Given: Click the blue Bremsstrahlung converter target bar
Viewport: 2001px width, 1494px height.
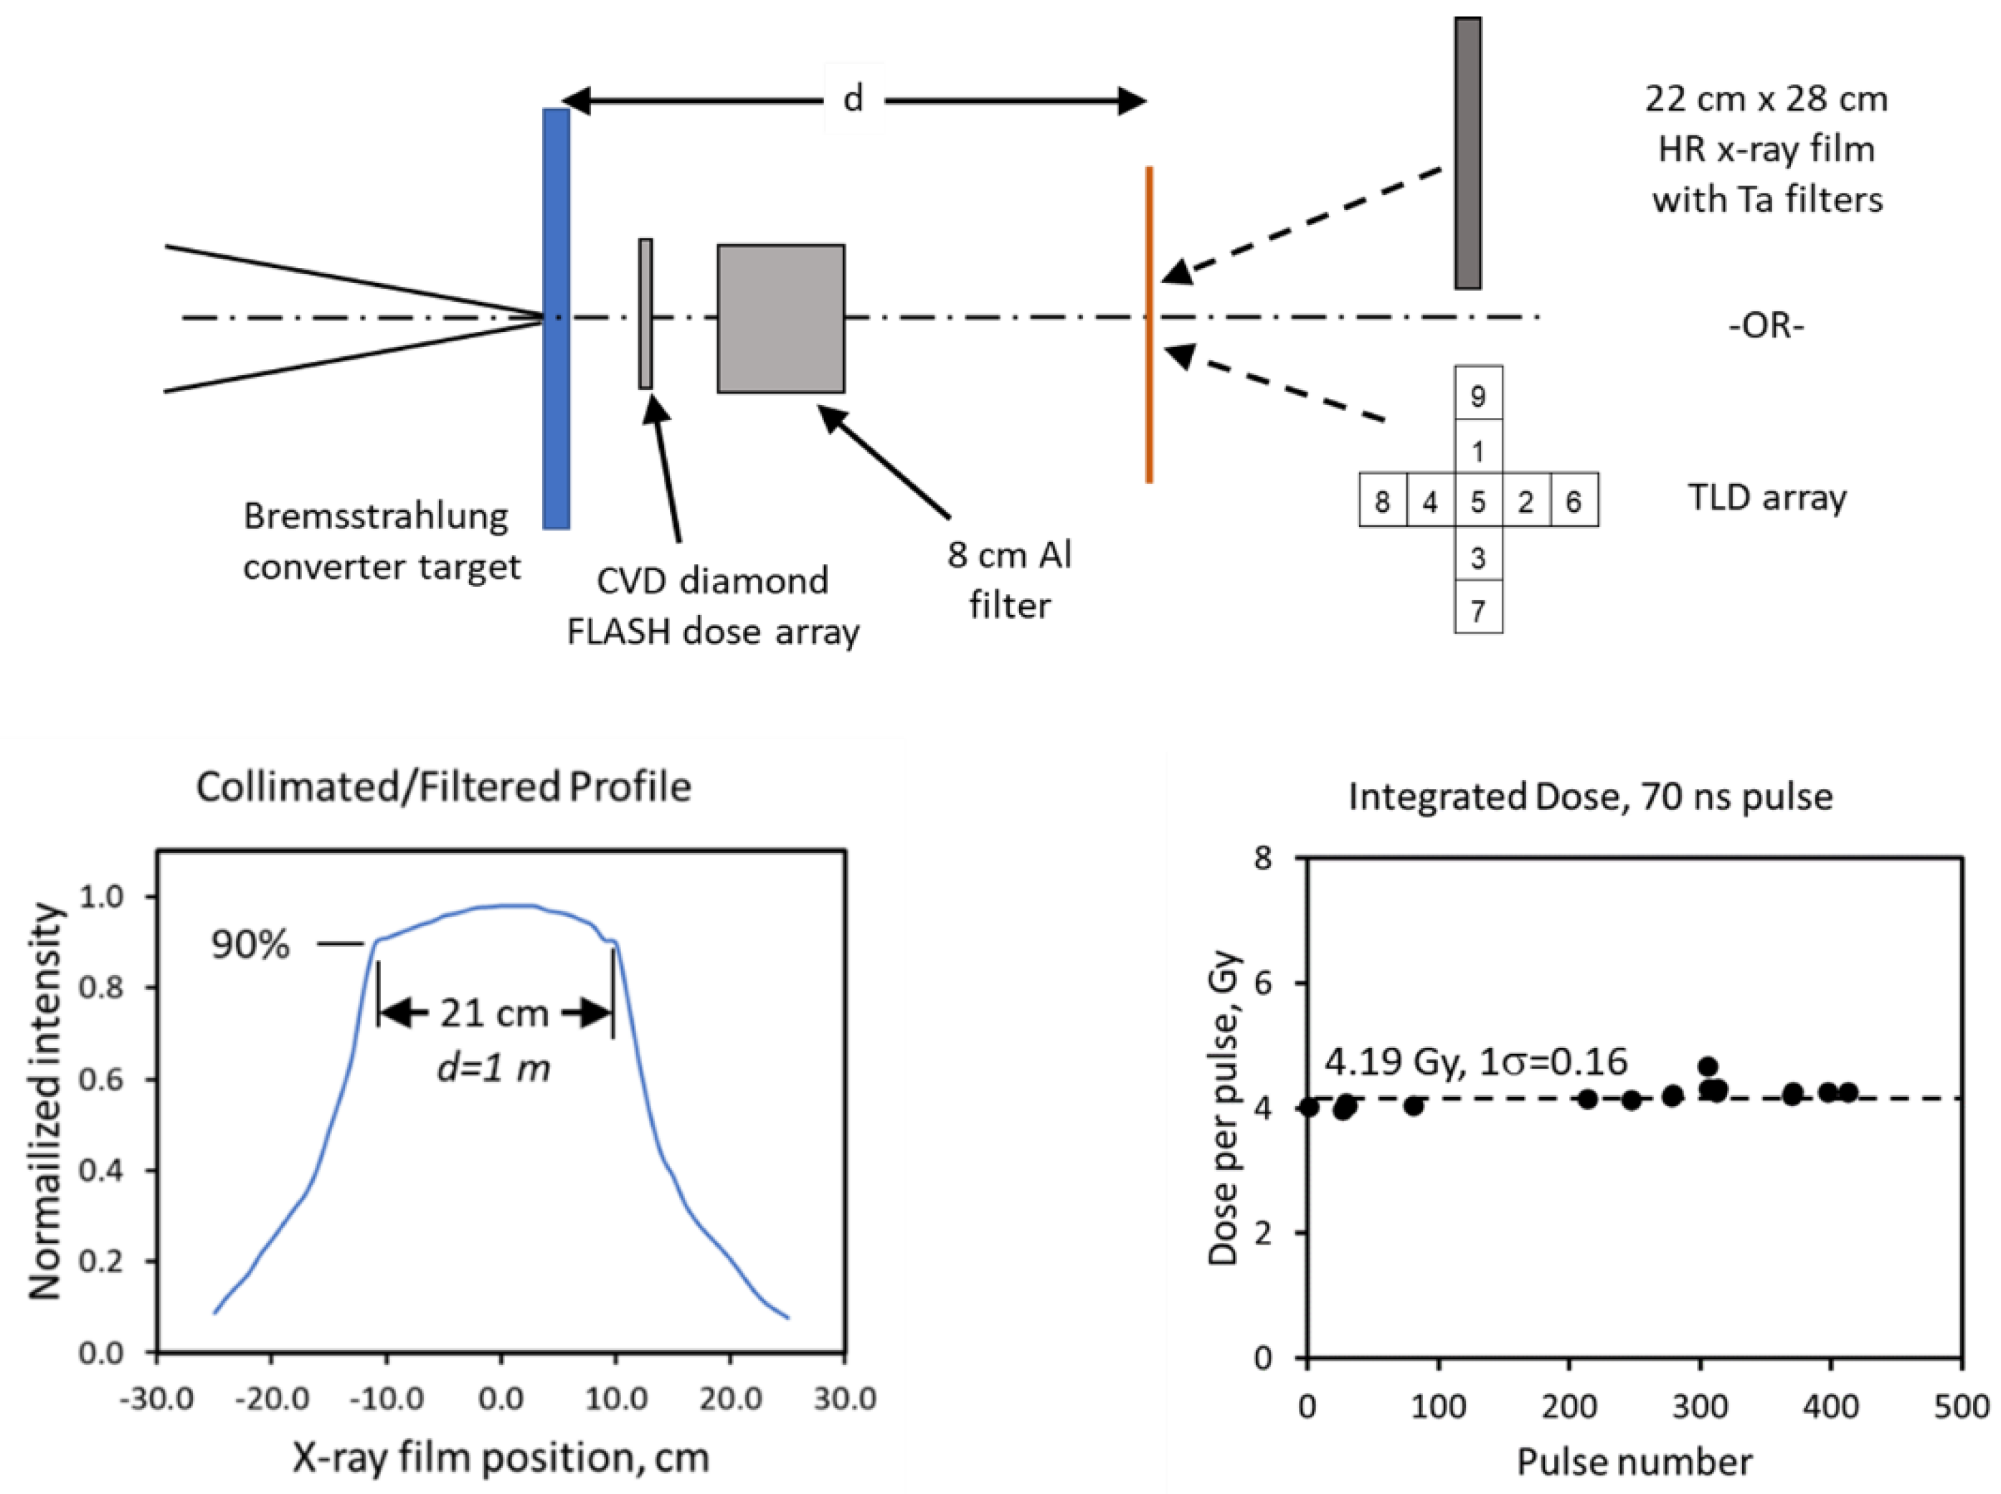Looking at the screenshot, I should pyautogui.click(x=555, y=318).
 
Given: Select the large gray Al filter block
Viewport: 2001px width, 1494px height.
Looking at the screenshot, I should pyautogui.click(x=781, y=318).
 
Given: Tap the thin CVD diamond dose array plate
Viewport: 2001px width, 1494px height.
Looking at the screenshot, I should pyautogui.click(x=645, y=314).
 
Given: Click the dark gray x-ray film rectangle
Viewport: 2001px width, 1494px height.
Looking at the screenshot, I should pyautogui.click(x=1467, y=153).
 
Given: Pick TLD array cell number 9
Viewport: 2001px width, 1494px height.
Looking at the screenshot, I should pyautogui.click(x=1477, y=394).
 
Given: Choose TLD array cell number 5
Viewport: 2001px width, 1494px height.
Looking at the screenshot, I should pyautogui.click(x=1477, y=500).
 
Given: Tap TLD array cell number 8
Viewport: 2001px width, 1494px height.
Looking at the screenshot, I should pyautogui.click(x=1382, y=500).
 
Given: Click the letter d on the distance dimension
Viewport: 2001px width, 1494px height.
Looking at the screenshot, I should pyautogui.click(x=852, y=97).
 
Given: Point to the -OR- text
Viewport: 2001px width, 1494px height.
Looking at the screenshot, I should pyautogui.click(x=1765, y=325).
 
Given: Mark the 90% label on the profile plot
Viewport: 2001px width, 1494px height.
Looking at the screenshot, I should pyautogui.click(x=250, y=945).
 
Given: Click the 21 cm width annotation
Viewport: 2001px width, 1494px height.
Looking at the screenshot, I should pyautogui.click(x=494, y=1014).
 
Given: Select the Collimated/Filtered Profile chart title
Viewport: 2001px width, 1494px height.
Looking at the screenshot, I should pyautogui.click(x=443, y=787).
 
